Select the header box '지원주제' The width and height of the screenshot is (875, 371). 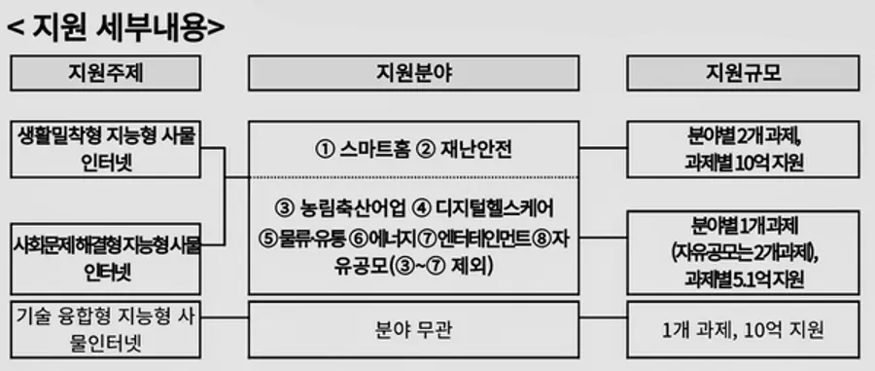[106, 73]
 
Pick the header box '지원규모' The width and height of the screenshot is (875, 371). [742, 73]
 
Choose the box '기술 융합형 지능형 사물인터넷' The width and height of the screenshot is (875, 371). [106, 329]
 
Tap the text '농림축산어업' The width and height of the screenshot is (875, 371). [350, 208]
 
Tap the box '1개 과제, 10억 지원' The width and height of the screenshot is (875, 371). [742, 329]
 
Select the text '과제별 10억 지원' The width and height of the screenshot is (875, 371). [743, 163]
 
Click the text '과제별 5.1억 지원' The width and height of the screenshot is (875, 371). [743, 279]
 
